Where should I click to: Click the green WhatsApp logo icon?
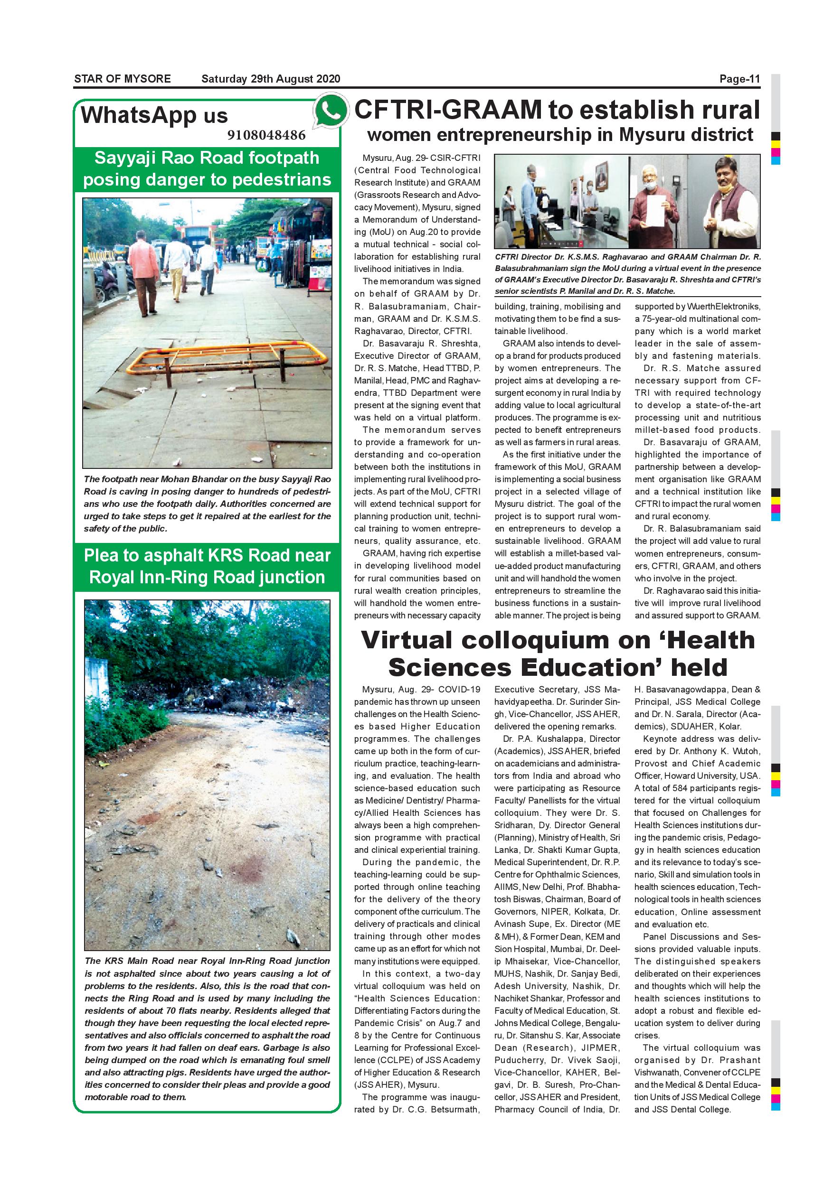331,110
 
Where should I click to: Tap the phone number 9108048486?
266,135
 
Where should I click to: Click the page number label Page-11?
739,79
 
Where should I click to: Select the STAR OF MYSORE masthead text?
123,79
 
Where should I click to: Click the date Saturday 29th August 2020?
271,79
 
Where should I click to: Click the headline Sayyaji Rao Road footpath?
207,158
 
